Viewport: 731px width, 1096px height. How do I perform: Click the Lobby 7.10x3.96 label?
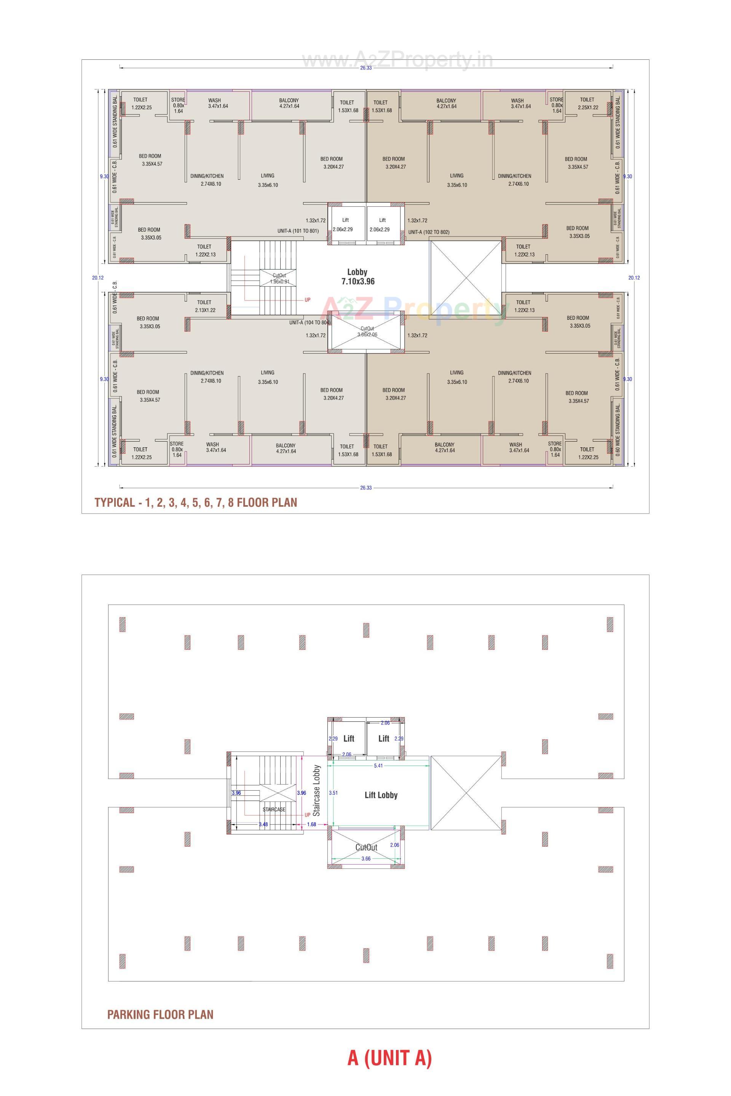[x=358, y=276]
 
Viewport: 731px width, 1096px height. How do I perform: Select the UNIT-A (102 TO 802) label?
[x=429, y=232]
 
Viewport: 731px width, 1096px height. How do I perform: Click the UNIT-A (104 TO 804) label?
[x=310, y=322]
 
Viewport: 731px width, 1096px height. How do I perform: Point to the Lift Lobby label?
[x=381, y=795]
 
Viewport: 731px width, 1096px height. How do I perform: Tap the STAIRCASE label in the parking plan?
[x=274, y=809]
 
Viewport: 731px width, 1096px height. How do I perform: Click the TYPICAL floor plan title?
[x=196, y=503]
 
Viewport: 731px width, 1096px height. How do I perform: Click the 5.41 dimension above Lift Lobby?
[x=378, y=766]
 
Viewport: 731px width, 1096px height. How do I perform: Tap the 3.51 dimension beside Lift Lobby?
[x=333, y=793]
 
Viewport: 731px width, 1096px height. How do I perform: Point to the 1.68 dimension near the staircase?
[x=311, y=824]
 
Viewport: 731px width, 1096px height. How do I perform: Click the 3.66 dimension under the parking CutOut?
[x=366, y=858]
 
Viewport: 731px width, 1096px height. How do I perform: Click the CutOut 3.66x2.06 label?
[x=367, y=332]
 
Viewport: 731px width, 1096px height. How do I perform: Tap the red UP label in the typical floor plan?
[x=307, y=300]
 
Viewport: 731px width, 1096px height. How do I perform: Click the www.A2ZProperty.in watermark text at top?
[x=397, y=60]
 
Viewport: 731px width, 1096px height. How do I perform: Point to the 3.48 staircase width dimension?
[x=263, y=824]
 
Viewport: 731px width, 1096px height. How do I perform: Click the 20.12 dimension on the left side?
[x=98, y=278]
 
